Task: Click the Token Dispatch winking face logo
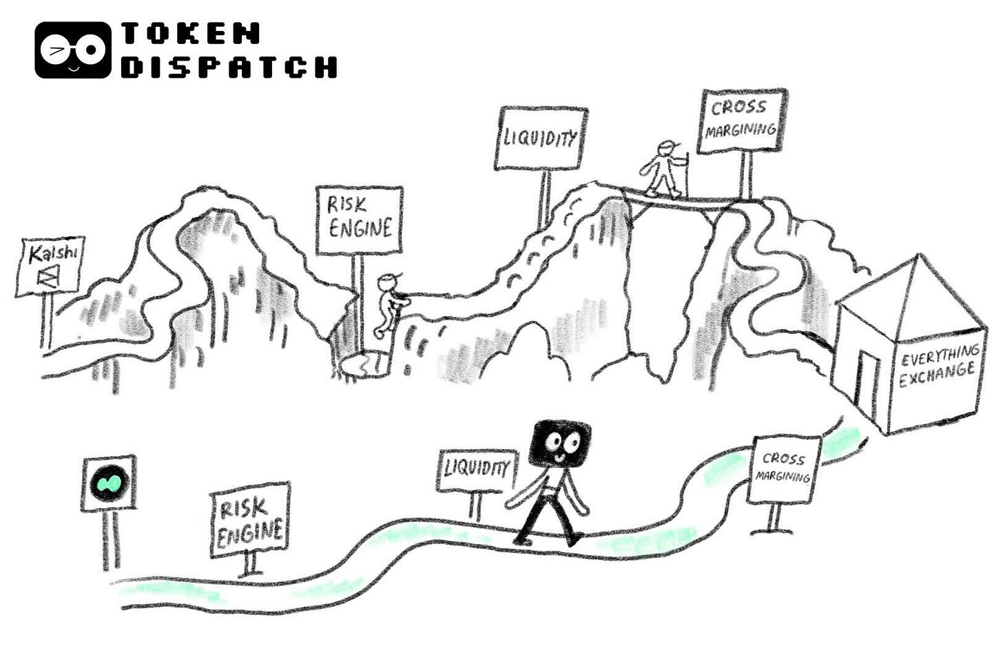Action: [72, 50]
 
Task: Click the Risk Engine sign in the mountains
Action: [359, 220]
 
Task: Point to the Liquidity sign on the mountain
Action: [541, 138]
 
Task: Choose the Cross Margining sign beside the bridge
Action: [741, 121]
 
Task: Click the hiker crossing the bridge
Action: [662, 169]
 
